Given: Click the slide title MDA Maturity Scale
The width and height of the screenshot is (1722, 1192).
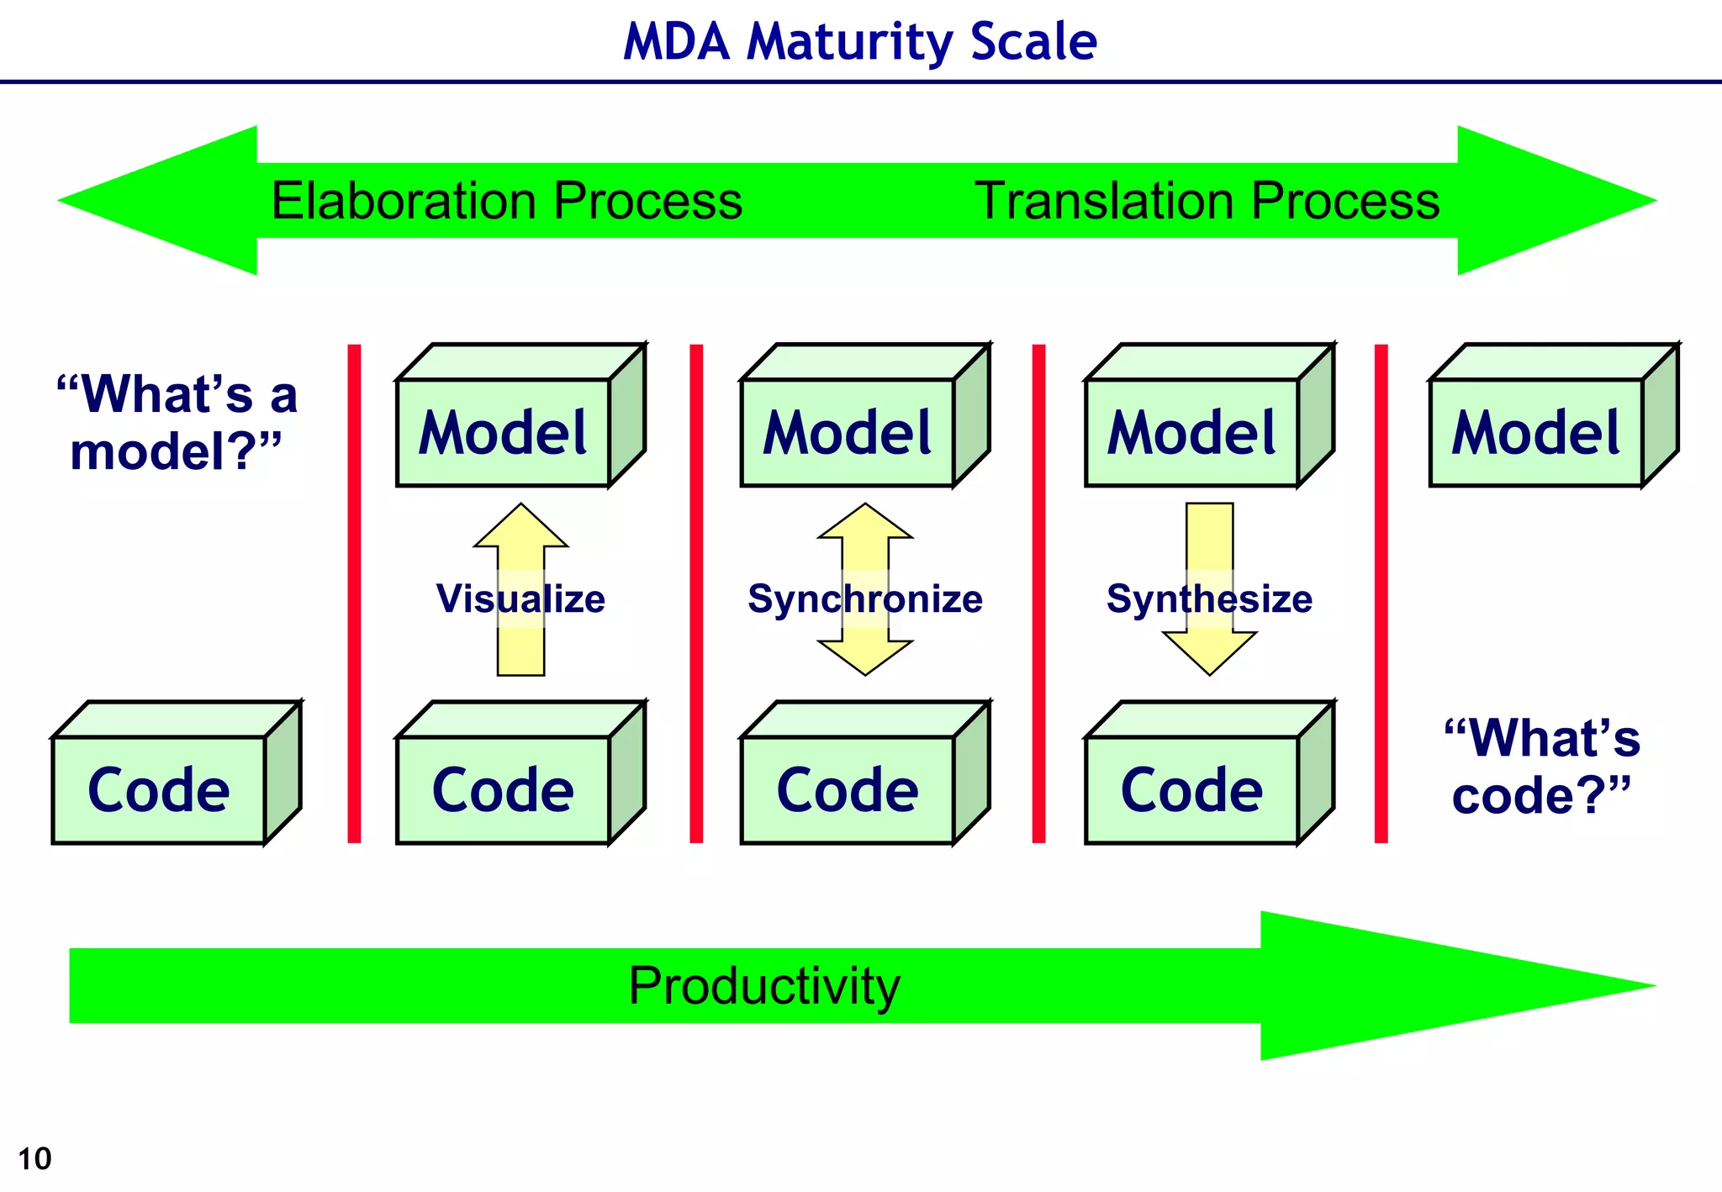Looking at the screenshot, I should tap(860, 41).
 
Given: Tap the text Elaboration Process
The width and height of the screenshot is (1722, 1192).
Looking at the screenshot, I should tap(506, 201).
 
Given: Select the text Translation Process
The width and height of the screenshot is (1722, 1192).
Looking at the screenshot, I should tap(1207, 201).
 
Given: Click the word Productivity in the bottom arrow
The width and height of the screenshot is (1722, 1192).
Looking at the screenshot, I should tap(763, 986).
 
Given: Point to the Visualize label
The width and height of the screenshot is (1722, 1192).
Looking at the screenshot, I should tap(520, 599).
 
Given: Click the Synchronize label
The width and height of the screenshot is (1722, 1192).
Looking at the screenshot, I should tap(864, 599).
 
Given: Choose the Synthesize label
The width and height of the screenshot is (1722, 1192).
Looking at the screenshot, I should tap(1209, 599).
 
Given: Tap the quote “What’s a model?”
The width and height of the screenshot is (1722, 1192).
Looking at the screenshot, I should tap(177, 423).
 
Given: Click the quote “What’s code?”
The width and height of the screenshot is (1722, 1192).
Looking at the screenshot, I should tap(1542, 766).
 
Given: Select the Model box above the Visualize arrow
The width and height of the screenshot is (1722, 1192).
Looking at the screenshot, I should tap(503, 432).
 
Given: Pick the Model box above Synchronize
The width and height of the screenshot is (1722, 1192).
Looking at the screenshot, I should tap(848, 432).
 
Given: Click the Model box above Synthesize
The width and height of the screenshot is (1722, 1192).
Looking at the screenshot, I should tap(1191, 432).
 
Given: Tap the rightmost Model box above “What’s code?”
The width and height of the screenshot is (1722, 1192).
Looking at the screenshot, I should tap(1536, 432).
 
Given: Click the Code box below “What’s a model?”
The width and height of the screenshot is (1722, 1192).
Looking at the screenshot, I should tap(159, 790).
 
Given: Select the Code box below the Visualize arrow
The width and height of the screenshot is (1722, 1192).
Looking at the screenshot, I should tap(503, 790).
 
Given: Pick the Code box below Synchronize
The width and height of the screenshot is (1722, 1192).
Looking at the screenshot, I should tap(848, 790).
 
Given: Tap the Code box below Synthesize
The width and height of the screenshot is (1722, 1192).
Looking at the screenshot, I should tap(1191, 790).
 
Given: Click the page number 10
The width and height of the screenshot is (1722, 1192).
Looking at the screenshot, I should tap(34, 1159).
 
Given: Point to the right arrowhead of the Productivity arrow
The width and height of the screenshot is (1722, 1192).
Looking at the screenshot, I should tap(1429, 986).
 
